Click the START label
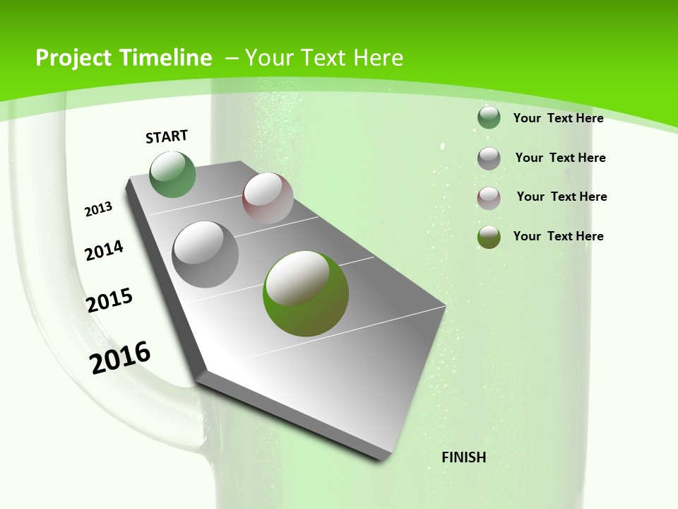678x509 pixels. (167, 136)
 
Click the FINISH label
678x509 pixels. (464, 457)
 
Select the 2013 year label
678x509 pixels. (99, 209)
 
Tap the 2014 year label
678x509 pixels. (105, 250)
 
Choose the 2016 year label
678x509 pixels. (120, 357)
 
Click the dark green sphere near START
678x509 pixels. (173, 175)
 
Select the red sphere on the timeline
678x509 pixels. (268, 198)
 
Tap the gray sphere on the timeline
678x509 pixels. (206, 255)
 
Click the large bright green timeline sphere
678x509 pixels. (306, 293)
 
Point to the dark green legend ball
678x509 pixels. (489, 117)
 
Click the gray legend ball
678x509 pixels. (489, 158)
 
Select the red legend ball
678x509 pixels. (489, 198)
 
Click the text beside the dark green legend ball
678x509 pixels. (558, 118)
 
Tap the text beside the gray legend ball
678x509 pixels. (560, 158)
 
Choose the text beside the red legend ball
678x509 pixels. (561, 197)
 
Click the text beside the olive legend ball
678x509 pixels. (558, 236)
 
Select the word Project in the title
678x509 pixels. (73, 58)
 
